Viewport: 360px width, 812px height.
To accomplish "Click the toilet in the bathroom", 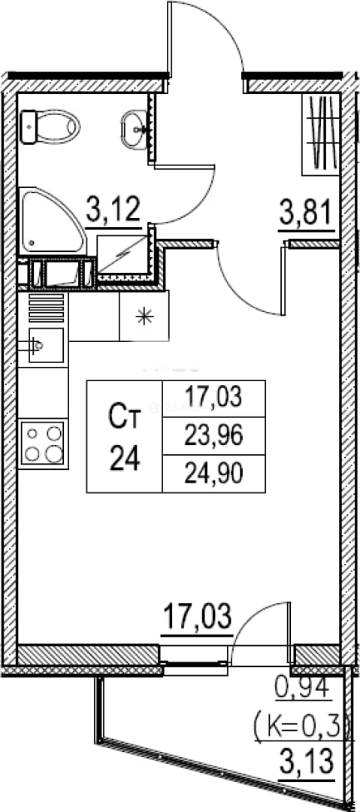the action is tap(50, 127).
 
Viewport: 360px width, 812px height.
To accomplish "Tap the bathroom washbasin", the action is tap(136, 129).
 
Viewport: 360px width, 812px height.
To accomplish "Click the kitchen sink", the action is tap(46, 345).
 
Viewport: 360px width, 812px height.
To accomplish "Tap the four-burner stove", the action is tap(44, 444).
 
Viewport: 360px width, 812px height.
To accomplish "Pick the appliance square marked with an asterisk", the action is tap(144, 316).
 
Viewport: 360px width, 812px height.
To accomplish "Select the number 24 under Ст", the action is tap(124, 459).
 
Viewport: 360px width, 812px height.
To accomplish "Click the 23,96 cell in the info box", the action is tap(214, 437).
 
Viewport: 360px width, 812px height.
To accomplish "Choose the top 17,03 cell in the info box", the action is tap(214, 398).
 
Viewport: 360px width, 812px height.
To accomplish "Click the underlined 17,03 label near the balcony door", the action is tap(198, 617).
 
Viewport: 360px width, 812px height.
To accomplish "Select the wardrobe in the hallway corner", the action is tap(321, 134).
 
